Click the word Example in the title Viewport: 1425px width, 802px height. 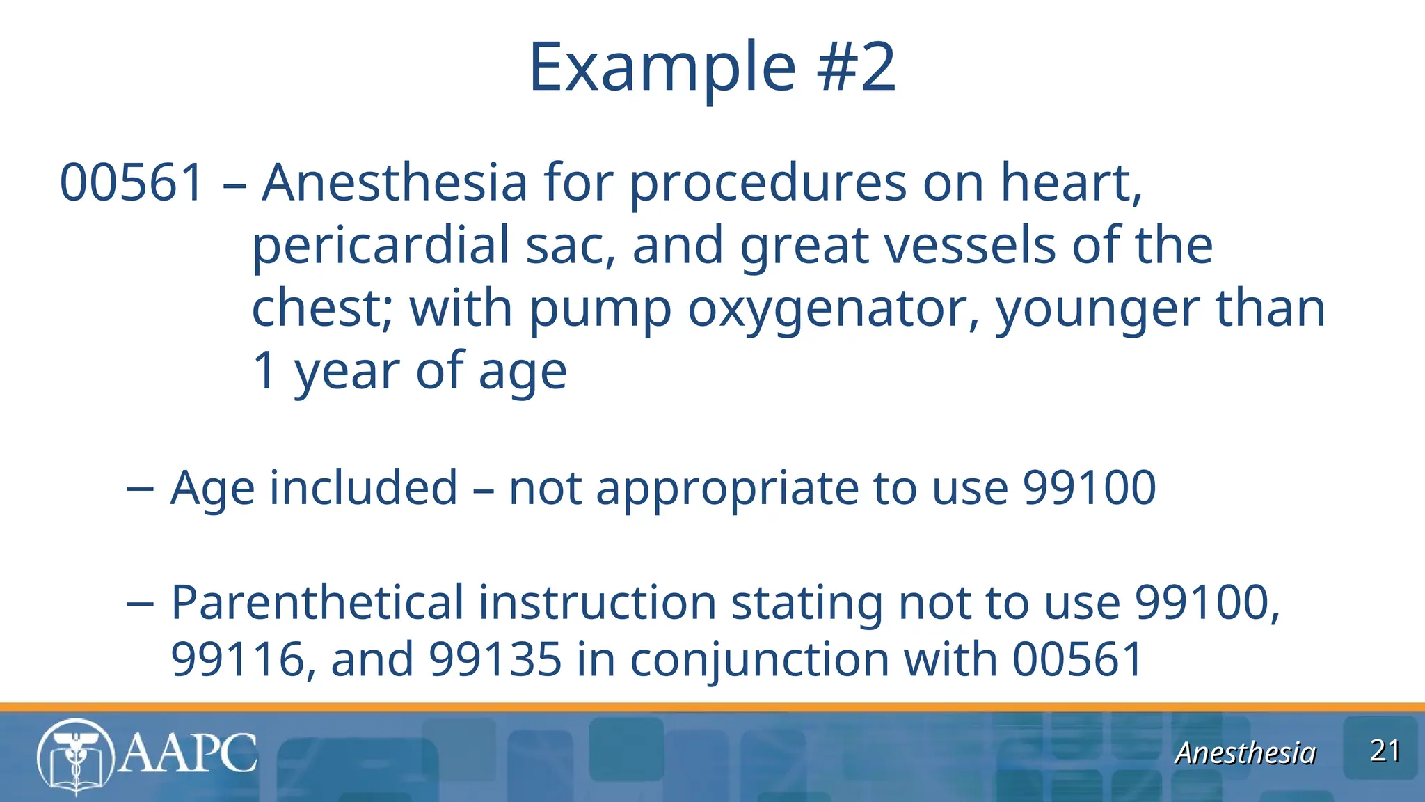(662, 68)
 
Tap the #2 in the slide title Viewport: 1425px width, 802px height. (857, 68)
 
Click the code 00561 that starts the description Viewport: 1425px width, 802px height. (132, 182)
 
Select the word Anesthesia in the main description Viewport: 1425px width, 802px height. (395, 182)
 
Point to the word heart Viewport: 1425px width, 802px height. (1070, 182)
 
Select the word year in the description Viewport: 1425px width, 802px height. (347, 372)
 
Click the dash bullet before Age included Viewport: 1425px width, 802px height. (140, 489)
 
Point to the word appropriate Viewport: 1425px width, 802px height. (726, 489)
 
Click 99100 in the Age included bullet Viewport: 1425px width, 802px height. (1090, 487)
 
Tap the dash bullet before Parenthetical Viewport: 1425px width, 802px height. (140, 603)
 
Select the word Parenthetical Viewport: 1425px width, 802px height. (317, 602)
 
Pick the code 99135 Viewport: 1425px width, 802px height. (495, 659)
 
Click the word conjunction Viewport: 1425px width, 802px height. (759, 659)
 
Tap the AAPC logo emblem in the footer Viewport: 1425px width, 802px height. (75, 756)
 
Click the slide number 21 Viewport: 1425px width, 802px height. (1384, 751)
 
